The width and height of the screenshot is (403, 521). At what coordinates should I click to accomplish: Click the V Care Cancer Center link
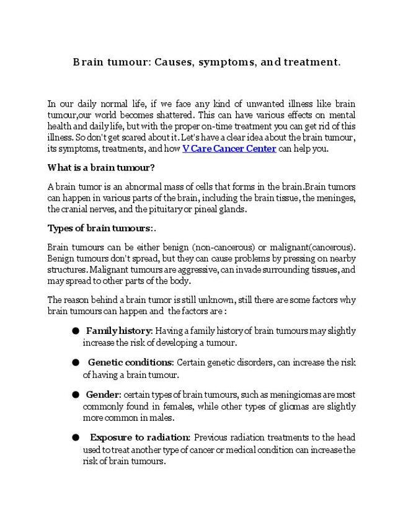click(x=229, y=149)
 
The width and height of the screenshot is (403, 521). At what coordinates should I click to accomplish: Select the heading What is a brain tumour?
click(x=100, y=167)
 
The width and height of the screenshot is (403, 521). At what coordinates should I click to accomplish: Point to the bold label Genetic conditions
click(x=130, y=362)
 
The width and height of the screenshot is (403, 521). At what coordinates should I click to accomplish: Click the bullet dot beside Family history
click(x=75, y=331)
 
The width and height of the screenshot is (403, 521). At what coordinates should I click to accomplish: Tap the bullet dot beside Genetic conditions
click(x=75, y=362)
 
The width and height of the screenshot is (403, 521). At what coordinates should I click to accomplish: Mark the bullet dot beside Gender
click(x=75, y=394)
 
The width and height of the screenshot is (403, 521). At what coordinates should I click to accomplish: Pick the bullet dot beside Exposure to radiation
click(x=75, y=437)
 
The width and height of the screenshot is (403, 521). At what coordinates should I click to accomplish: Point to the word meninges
click(x=336, y=198)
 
